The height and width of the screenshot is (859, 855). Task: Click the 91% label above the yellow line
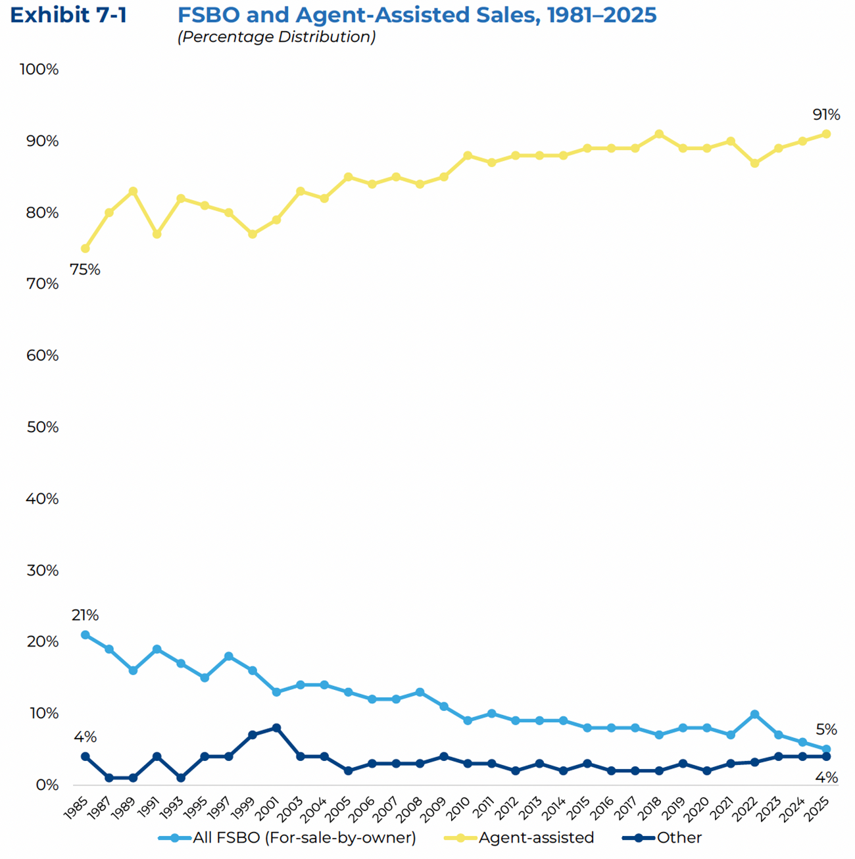826,115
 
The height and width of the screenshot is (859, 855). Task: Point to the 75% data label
85,270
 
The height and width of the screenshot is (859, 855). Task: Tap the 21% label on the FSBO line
85,616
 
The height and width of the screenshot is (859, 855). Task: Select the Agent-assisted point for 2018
659,134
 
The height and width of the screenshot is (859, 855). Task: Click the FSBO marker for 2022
754,714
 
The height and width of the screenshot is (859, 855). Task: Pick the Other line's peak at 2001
276,728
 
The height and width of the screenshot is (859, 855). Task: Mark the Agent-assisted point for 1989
133,191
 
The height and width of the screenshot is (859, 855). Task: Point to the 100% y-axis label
39,70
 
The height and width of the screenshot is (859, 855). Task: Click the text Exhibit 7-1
68,15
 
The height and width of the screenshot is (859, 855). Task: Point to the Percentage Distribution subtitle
276,37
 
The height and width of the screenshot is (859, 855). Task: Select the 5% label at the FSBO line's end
826,729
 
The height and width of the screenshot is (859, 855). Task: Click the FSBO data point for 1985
85,635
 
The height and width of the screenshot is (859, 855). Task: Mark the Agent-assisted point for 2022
754,163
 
